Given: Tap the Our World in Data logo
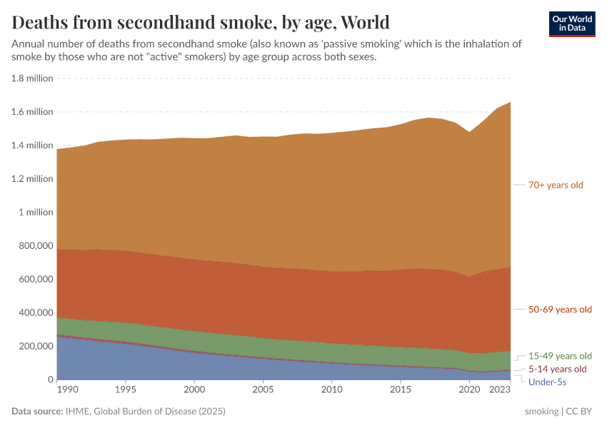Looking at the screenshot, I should [571, 24].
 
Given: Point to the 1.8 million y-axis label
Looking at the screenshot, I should [32, 78].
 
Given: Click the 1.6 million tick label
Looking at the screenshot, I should [32, 112].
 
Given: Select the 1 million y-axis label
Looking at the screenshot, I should [36, 212].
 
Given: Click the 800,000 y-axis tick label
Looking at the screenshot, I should [34, 245].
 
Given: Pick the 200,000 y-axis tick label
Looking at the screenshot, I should [34, 346].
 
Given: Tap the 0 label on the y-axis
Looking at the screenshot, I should [49, 379].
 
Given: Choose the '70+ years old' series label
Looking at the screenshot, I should [556, 185].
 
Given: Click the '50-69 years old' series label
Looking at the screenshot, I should [560, 310].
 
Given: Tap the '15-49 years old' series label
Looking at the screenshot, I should [560, 356].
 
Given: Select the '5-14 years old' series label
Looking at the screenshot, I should [557, 369].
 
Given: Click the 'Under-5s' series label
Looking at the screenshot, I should [548, 382].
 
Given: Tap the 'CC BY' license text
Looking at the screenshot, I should [581, 412].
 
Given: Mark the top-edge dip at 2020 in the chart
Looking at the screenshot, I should [469, 132].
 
